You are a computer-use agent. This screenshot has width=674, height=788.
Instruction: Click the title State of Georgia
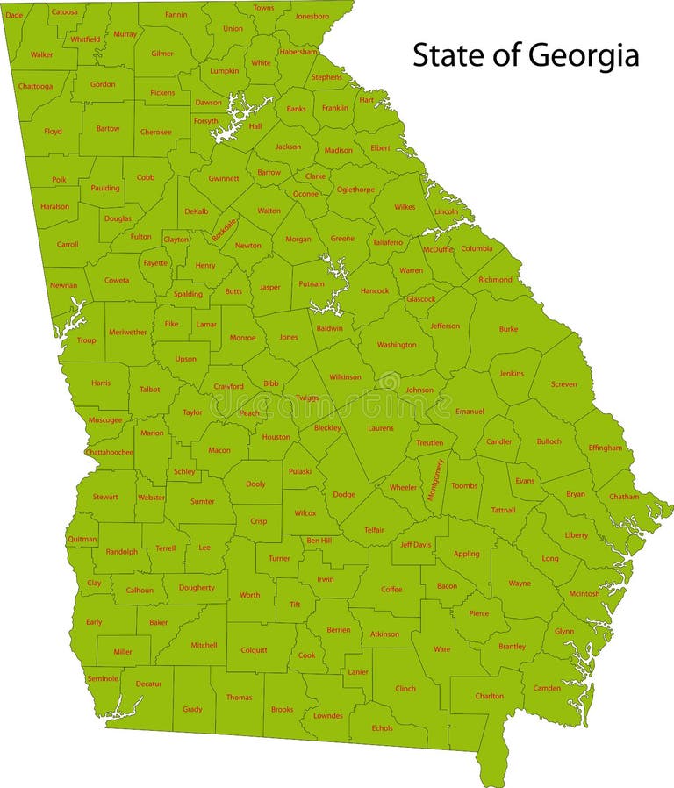pyautogui.click(x=526, y=56)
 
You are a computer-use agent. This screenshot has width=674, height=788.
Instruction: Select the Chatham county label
pyautogui.click(x=624, y=497)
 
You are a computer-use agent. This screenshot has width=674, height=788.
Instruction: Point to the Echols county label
pyautogui.click(x=383, y=727)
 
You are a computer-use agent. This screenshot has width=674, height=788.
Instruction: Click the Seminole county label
pyautogui.click(x=102, y=678)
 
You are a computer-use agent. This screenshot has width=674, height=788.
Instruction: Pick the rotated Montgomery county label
pyautogui.click(x=436, y=479)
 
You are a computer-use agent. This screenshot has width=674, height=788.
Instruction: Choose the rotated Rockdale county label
pyautogui.click(x=225, y=231)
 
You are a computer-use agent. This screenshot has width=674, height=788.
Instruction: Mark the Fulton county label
pyautogui.click(x=141, y=236)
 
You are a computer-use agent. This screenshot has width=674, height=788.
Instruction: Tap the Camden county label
pyautogui.click(x=547, y=688)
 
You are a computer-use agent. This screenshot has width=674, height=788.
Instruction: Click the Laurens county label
pyautogui.click(x=381, y=428)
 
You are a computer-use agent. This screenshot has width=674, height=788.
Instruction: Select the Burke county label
pyautogui.click(x=508, y=329)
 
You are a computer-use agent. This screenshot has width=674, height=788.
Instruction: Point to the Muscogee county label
pyautogui.click(x=104, y=419)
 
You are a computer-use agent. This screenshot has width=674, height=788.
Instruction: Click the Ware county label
pyautogui.click(x=442, y=650)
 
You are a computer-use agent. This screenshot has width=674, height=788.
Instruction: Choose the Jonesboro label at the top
pyautogui.click(x=312, y=16)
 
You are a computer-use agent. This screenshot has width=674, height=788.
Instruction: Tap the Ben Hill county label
pyautogui.click(x=319, y=541)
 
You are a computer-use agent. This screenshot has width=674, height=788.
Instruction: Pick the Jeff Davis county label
pyautogui.click(x=416, y=545)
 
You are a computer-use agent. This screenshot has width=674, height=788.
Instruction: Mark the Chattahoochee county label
pyautogui.click(x=110, y=452)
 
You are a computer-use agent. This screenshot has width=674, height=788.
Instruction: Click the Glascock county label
pyautogui.click(x=420, y=299)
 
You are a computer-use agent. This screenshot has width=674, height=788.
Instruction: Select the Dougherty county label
pyautogui.click(x=197, y=588)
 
